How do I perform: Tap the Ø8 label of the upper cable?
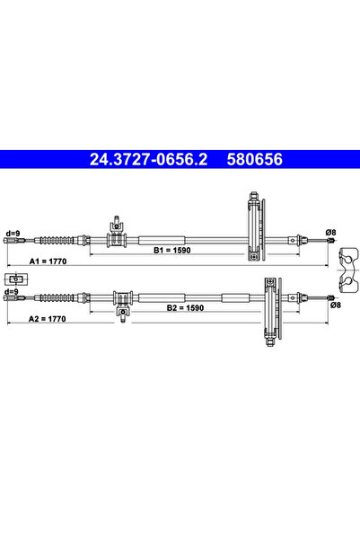tap(330, 233)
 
